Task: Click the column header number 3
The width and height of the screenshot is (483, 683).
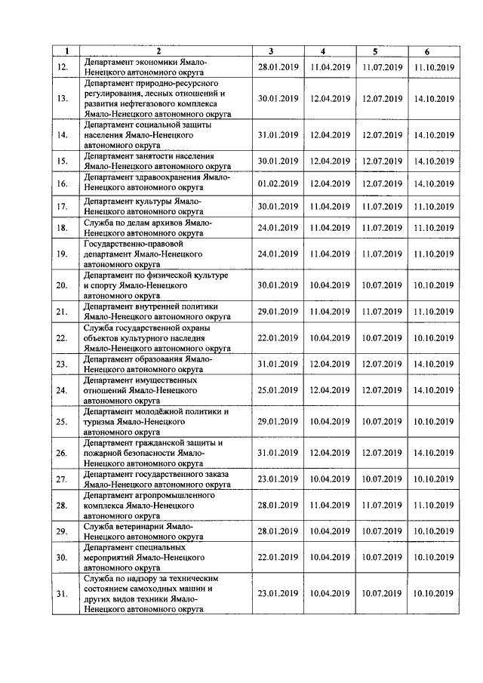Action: coord(270,51)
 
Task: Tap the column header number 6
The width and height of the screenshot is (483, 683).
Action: coord(427,51)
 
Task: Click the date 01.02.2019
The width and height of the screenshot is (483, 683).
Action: coord(278,183)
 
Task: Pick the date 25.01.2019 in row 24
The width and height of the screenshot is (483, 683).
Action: coord(278,390)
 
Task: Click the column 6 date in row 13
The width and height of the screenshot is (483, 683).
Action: coord(434,99)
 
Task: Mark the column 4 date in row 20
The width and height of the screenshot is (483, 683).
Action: coord(330,285)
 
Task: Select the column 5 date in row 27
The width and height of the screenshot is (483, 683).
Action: coord(382,479)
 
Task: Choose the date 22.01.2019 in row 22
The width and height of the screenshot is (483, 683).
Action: coord(278,338)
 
